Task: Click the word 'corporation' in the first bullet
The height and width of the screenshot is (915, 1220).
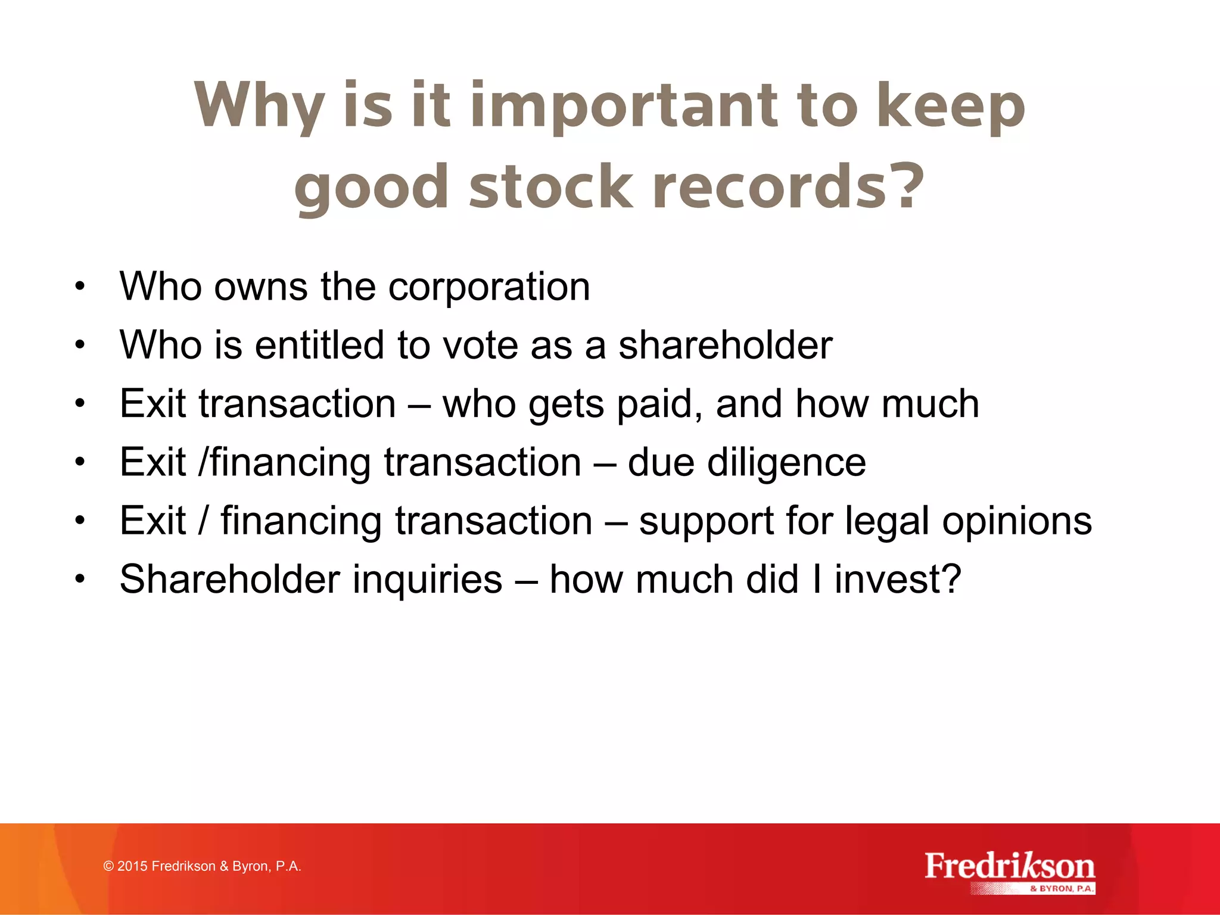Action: point(489,287)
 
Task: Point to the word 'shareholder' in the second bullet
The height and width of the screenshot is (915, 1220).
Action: point(725,346)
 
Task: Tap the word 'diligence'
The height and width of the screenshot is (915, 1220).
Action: point(786,463)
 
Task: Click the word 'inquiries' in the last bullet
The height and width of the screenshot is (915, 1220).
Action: point(427,580)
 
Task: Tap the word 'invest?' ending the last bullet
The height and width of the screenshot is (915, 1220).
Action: point(898,580)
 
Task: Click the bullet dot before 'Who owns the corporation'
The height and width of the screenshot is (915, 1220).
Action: point(80,287)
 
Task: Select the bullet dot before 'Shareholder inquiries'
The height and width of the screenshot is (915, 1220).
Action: point(80,580)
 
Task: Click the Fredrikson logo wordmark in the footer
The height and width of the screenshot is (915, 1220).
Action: point(1010,867)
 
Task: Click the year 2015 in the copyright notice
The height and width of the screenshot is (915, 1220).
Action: point(132,866)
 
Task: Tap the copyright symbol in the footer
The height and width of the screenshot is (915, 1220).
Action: point(108,866)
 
